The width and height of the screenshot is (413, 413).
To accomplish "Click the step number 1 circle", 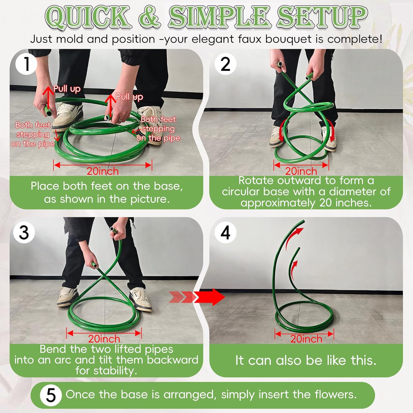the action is (26, 64).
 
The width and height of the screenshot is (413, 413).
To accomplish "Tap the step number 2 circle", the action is (225, 64).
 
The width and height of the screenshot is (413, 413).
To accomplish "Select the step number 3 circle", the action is (24, 232).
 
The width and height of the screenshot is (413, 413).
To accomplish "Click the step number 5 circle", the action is (51, 395).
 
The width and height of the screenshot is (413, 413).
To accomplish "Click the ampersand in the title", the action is (150, 17).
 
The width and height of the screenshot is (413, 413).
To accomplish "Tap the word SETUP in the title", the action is (322, 17).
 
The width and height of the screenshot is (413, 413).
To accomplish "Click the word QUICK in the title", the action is (88, 17).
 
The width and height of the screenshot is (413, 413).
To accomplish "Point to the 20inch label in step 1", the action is (103, 171).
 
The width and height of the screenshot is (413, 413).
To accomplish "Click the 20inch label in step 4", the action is (306, 339).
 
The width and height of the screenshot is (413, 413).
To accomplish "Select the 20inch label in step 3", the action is (104, 339).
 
